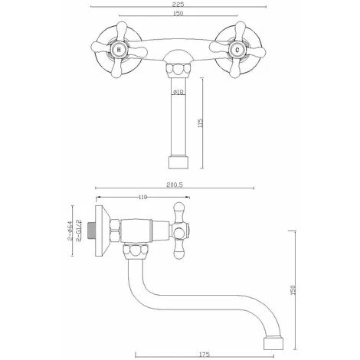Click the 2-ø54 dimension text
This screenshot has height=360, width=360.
point(70,226)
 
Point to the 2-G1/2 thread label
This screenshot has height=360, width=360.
point(78,227)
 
